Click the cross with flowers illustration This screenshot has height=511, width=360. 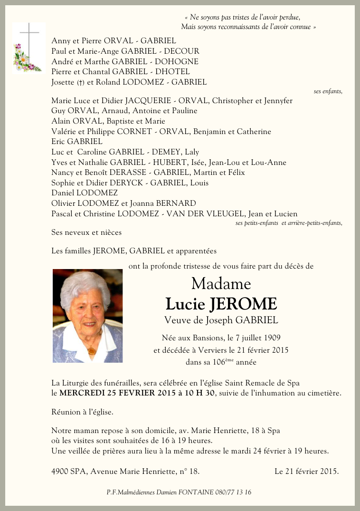tap(28, 48)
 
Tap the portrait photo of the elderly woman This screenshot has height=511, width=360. tap(87, 316)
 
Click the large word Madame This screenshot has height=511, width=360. tap(221, 284)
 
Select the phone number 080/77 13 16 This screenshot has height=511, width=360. tap(233, 492)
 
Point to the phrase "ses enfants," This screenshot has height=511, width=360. tap(328, 91)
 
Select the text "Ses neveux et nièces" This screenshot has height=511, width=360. tap(86, 232)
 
